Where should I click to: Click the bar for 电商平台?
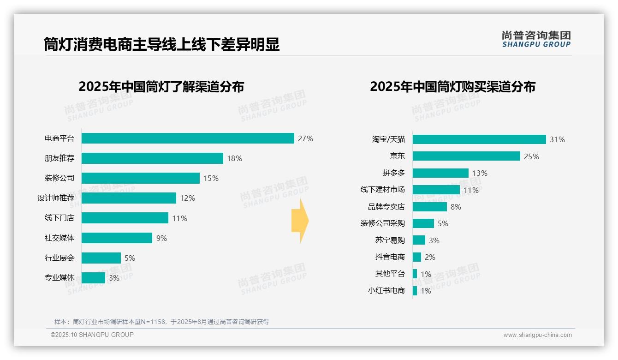[188, 138]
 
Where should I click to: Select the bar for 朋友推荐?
[152, 158]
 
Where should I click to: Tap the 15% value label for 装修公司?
[211, 178]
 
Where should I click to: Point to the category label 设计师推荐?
[56, 198]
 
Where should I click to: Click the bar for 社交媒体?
[117, 238]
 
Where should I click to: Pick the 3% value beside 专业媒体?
[114, 278]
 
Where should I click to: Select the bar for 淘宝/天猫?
[479, 139]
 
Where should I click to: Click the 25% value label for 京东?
[531, 156]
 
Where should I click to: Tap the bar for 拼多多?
[440, 173]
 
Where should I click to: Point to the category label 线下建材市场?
[382, 190]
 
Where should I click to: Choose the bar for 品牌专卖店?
[429, 207]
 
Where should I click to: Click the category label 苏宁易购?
[390, 240]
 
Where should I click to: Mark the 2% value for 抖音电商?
[430, 257]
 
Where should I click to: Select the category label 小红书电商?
[386, 291]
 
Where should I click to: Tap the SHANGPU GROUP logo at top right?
[536, 39]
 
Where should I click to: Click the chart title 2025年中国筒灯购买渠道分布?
[452, 87]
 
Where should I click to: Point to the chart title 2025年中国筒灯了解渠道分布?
[161, 87]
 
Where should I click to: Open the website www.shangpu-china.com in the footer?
[537, 335]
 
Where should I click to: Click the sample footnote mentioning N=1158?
[161, 322]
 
